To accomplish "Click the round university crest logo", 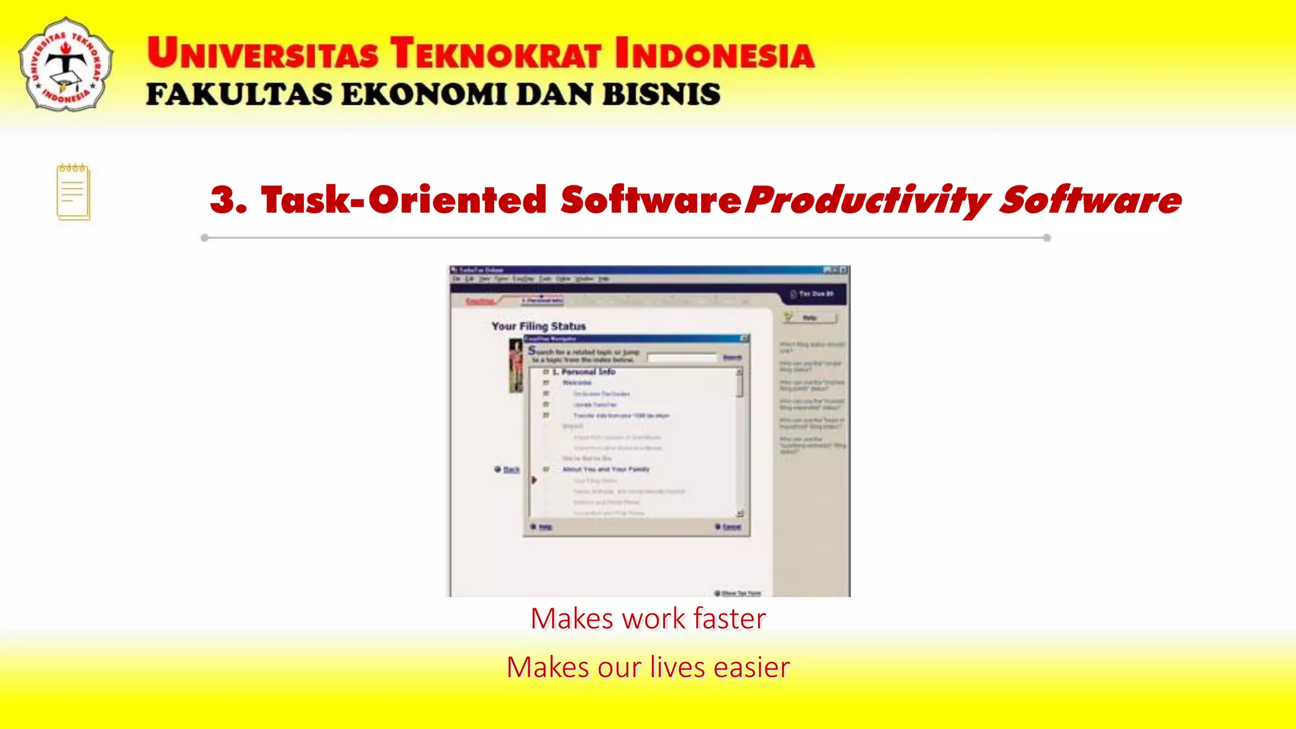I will (66, 65).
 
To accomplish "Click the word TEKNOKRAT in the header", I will (495, 53).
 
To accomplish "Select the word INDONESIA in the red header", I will (714, 53).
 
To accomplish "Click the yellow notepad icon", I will (73, 192).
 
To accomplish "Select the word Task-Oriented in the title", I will (403, 200).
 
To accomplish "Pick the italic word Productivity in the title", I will (866, 201).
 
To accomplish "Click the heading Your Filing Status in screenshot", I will (539, 326).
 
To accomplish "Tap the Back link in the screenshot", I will (511, 470).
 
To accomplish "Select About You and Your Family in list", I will (606, 470).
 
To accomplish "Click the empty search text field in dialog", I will (682, 358).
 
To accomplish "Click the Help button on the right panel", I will (810, 318).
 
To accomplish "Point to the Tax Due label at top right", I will (816, 294).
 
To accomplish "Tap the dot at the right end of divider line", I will (1047, 238).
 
